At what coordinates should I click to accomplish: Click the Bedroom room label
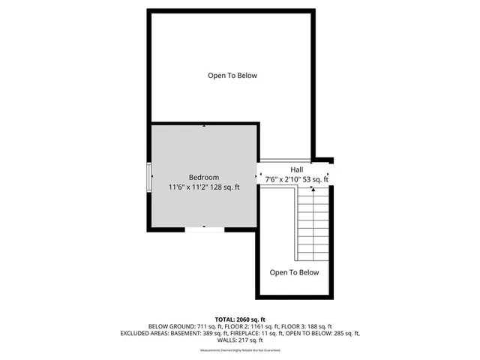pyautogui.click(x=204, y=177)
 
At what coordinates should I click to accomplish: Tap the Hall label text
pyautogui.click(x=297, y=169)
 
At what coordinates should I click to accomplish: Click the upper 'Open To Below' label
pyautogui.click(x=232, y=75)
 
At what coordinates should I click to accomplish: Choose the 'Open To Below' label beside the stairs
pyautogui.click(x=294, y=272)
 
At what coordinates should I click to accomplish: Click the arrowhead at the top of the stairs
pyautogui.click(x=313, y=190)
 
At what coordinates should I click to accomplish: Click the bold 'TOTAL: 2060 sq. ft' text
pyautogui.click(x=240, y=319)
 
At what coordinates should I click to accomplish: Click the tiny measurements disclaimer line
pyautogui.click(x=240, y=350)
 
